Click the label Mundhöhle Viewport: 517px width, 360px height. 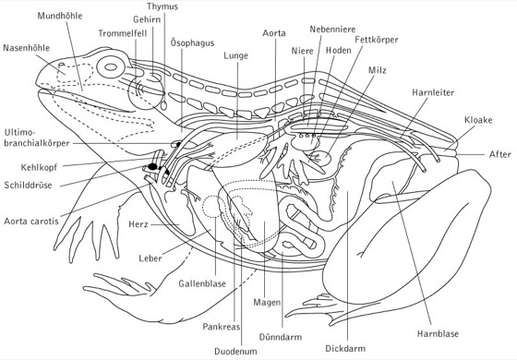coord(60,16)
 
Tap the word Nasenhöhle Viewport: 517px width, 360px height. coord(27,48)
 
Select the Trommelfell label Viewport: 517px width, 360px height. coord(122,33)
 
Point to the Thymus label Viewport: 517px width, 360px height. coord(162,6)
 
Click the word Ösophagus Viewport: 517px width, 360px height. coord(192,42)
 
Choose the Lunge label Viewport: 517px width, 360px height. coord(235,55)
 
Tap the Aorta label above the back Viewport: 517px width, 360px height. coord(274,33)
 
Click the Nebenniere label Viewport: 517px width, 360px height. coord(332,29)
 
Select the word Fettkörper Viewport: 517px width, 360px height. coord(377,40)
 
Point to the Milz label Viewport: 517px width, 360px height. coord(378,70)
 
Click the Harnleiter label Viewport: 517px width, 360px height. coord(433,92)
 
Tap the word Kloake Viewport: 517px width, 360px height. coord(478,120)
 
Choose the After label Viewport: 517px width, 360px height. coord(499,154)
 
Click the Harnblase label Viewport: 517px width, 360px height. coord(438,333)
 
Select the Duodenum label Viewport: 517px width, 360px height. coord(235,351)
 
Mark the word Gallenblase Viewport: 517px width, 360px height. coord(202,283)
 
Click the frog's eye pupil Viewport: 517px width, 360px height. coord(111,66)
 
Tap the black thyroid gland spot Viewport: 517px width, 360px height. coord(152,166)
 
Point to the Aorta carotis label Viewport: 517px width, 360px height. coord(31,221)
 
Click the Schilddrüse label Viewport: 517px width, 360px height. coord(28,185)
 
